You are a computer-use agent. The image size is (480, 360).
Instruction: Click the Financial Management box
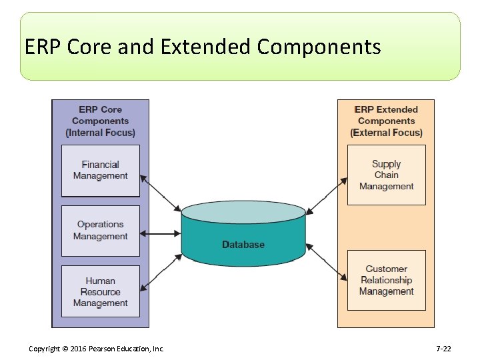(x=101, y=171)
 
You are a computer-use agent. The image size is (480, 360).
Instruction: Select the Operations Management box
(x=101, y=231)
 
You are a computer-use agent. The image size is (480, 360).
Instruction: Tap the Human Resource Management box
(x=101, y=292)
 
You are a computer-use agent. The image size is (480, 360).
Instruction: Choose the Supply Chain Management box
(x=387, y=175)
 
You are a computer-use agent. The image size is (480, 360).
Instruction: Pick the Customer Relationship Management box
(x=387, y=280)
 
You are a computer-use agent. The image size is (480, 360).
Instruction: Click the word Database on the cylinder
(x=243, y=245)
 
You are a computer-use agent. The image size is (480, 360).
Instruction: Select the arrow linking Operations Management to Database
(x=161, y=233)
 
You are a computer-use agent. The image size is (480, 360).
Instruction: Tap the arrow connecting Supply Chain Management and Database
(x=327, y=196)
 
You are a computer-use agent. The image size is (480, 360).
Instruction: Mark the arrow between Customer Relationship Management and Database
(x=327, y=261)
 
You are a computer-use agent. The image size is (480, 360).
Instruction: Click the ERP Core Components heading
(x=101, y=115)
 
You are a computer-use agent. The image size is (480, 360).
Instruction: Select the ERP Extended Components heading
(x=387, y=115)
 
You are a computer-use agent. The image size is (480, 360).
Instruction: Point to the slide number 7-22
(x=443, y=349)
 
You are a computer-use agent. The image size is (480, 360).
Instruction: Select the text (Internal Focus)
(x=101, y=133)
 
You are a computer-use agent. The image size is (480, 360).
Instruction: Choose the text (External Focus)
(x=387, y=133)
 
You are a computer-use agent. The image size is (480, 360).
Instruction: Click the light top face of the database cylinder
(x=243, y=213)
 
